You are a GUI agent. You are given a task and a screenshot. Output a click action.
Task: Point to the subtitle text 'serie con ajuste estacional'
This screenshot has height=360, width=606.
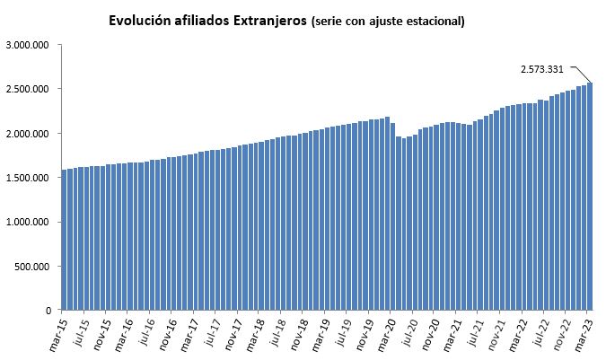(387, 21)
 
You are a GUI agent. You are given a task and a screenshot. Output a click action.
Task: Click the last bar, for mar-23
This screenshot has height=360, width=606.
(590, 198)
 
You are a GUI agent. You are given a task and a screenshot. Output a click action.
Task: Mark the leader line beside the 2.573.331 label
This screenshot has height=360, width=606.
(581, 74)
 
